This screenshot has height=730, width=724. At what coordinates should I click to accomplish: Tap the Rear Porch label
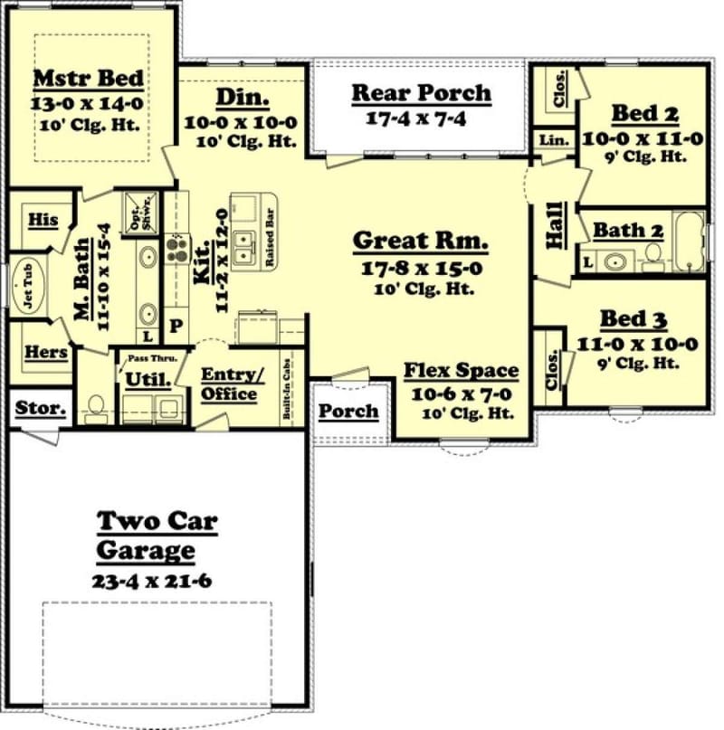pos(421,92)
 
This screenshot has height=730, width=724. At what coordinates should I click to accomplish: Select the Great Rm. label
pos(420,242)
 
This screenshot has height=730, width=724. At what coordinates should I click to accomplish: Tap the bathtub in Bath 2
pos(690,242)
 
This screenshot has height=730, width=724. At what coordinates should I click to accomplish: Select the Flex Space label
pos(461,371)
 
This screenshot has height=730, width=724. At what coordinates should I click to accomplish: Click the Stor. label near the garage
pos(41,408)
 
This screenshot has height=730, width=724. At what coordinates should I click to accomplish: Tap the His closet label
pos(43,220)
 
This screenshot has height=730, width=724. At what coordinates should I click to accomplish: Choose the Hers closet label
pos(46,352)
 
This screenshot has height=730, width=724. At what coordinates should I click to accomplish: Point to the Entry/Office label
pos(228,384)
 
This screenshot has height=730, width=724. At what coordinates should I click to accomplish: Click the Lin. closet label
pos(554,140)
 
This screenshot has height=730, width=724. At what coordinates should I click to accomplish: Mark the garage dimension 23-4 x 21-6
pos(152,581)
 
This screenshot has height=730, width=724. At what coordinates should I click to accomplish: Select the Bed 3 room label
pos(634,320)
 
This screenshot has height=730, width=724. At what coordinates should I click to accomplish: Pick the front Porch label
pos(348,412)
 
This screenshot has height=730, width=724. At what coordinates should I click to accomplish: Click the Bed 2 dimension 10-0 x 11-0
pos(643,138)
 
